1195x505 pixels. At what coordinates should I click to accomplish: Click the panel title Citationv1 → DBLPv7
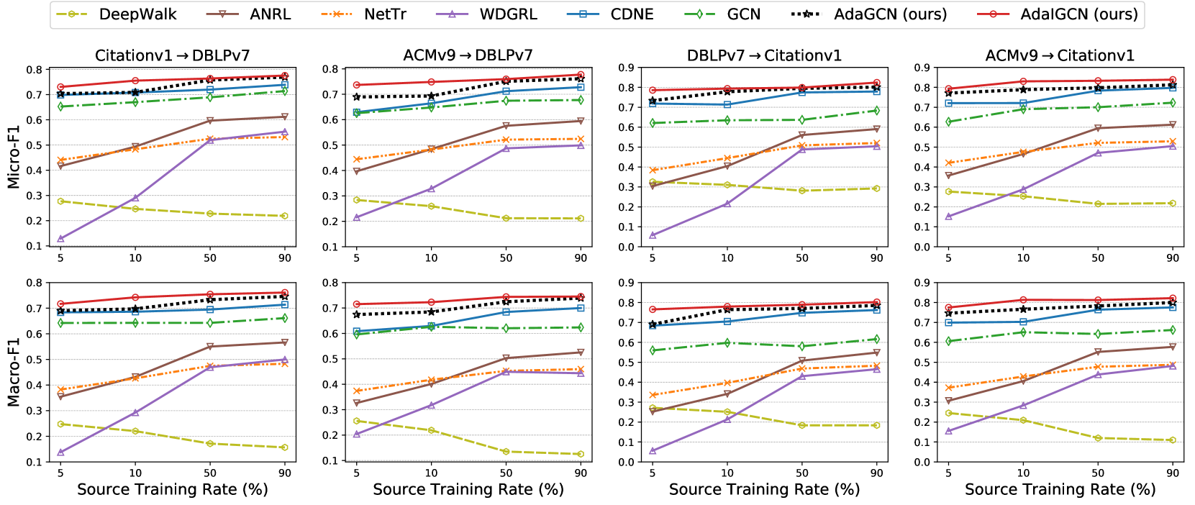click(x=173, y=56)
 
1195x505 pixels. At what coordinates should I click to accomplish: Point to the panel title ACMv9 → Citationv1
click(x=1060, y=55)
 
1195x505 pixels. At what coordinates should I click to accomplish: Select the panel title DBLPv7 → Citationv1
click(x=764, y=55)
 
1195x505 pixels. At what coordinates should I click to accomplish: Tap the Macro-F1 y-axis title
click(x=13, y=372)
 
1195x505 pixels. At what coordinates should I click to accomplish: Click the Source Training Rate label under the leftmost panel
click(x=173, y=490)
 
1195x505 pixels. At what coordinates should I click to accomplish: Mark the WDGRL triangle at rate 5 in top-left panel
click(x=60, y=238)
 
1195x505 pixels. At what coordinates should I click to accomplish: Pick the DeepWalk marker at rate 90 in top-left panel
click(x=285, y=216)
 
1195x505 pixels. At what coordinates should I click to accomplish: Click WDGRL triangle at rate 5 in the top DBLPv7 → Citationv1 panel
click(x=653, y=235)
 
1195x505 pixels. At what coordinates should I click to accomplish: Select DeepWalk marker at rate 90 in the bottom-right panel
click(x=1173, y=440)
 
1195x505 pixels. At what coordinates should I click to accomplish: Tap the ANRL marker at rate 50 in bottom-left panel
click(x=210, y=347)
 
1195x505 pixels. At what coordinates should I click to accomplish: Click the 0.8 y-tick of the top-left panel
click(x=34, y=70)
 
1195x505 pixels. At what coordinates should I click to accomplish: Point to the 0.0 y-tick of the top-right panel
click(x=922, y=247)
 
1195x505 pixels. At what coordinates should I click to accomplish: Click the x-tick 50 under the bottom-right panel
click(x=1098, y=473)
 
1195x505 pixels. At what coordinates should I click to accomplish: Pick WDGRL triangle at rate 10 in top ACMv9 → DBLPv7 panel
click(x=431, y=188)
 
